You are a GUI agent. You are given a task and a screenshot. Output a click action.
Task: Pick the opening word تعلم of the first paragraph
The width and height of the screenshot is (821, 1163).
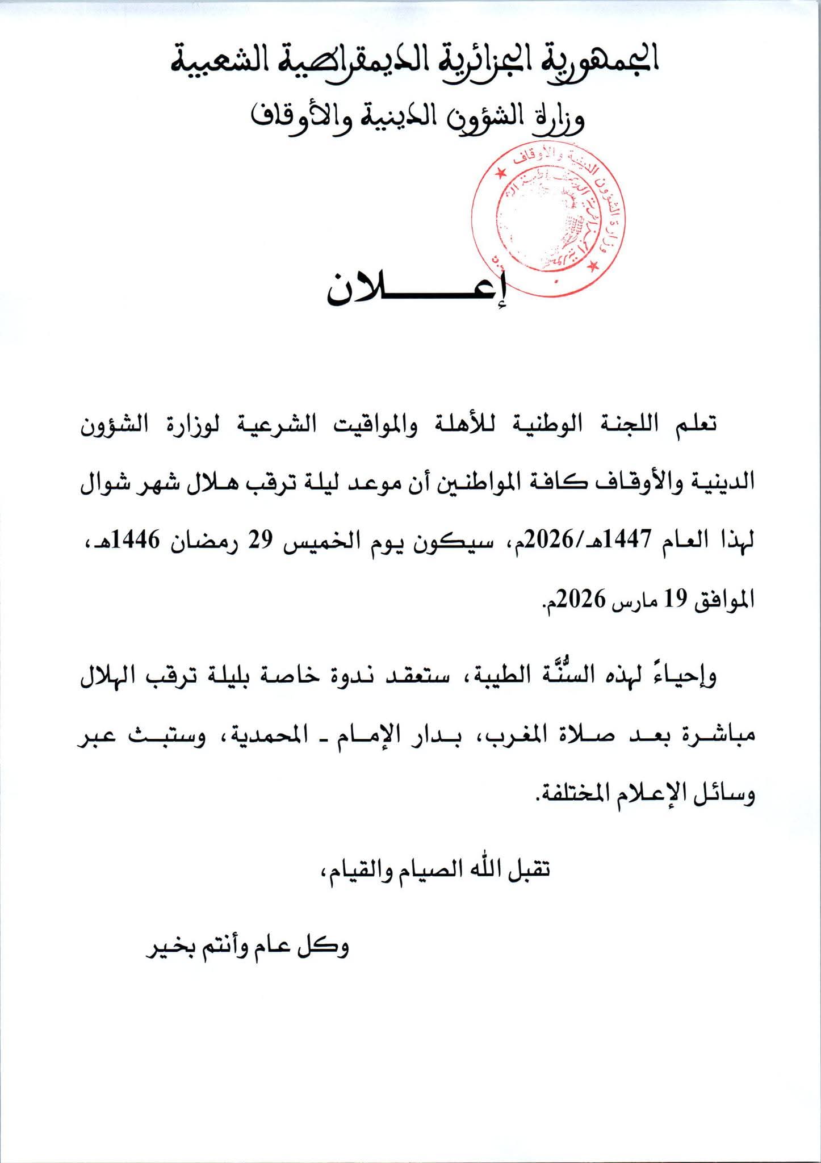(690, 425)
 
